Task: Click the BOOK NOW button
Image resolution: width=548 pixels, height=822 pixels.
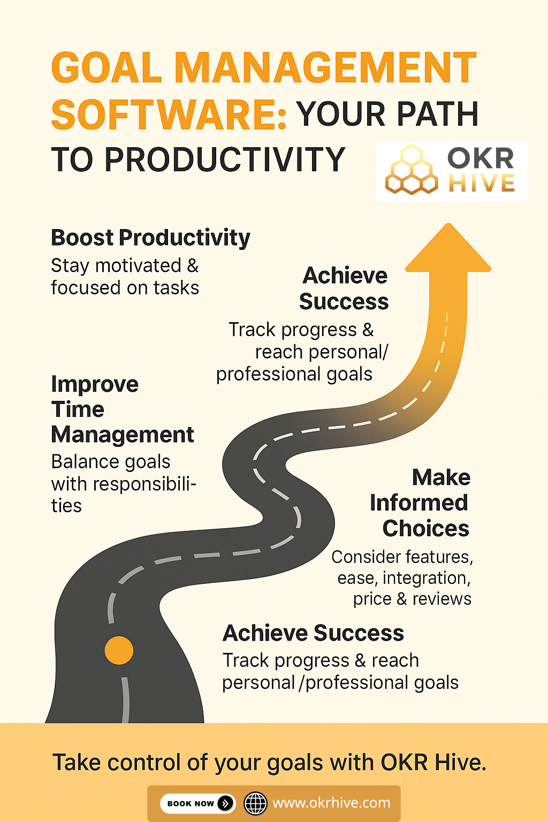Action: click(197, 803)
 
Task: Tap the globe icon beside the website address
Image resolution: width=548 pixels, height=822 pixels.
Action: click(255, 803)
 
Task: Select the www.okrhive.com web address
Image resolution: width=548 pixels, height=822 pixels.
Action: click(331, 803)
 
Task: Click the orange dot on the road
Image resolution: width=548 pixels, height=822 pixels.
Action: click(119, 650)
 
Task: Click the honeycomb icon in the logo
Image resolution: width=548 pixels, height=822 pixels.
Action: click(412, 170)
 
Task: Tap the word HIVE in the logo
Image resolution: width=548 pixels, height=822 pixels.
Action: click(482, 184)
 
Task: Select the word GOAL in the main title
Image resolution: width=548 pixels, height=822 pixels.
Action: click(106, 67)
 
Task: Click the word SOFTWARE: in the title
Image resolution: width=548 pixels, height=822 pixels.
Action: click(169, 115)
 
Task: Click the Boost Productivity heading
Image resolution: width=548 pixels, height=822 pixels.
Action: click(150, 238)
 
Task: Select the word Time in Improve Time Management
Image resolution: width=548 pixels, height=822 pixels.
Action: click(78, 409)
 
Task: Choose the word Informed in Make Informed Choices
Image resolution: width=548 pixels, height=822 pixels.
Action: click(419, 503)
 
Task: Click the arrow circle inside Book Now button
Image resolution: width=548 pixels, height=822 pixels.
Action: click(226, 803)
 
